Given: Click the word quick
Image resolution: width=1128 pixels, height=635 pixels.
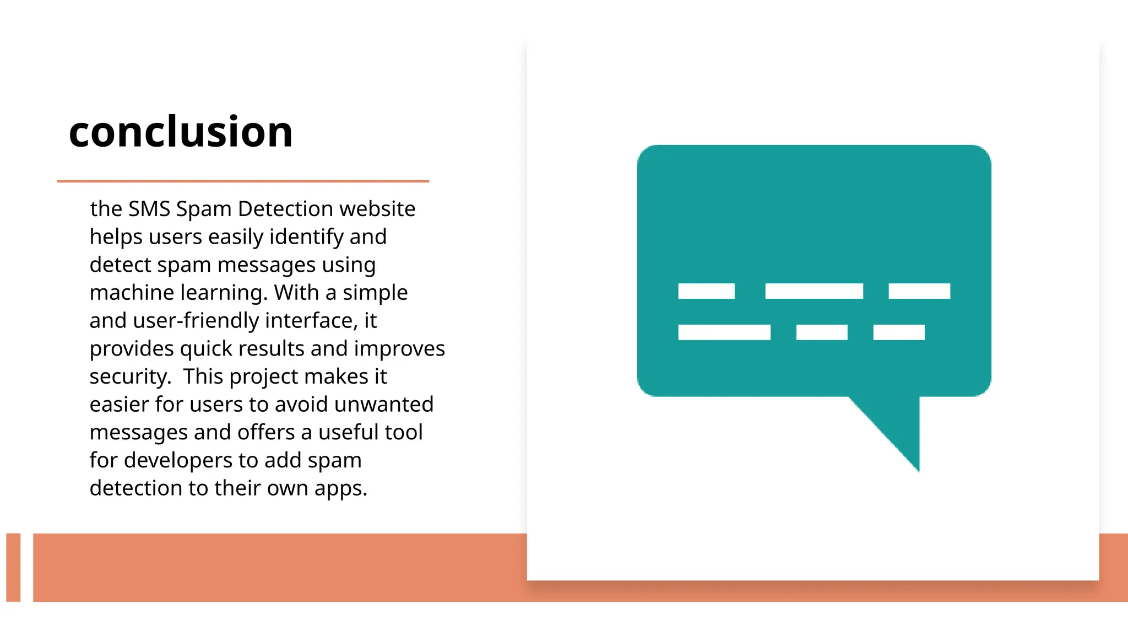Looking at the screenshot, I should (x=215, y=349).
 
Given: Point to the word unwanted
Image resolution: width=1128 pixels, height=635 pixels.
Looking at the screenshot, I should (x=383, y=405).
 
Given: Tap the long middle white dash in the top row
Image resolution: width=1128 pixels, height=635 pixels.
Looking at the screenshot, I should (x=814, y=291).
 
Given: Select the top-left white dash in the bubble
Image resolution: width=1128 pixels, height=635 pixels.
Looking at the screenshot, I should (x=706, y=291).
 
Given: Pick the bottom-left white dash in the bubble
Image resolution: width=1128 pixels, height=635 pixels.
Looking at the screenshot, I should (x=724, y=332).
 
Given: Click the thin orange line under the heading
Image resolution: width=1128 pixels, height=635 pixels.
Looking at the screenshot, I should (x=243, y=181).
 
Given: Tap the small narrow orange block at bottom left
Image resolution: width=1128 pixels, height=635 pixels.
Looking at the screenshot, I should (x=13, y=567).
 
